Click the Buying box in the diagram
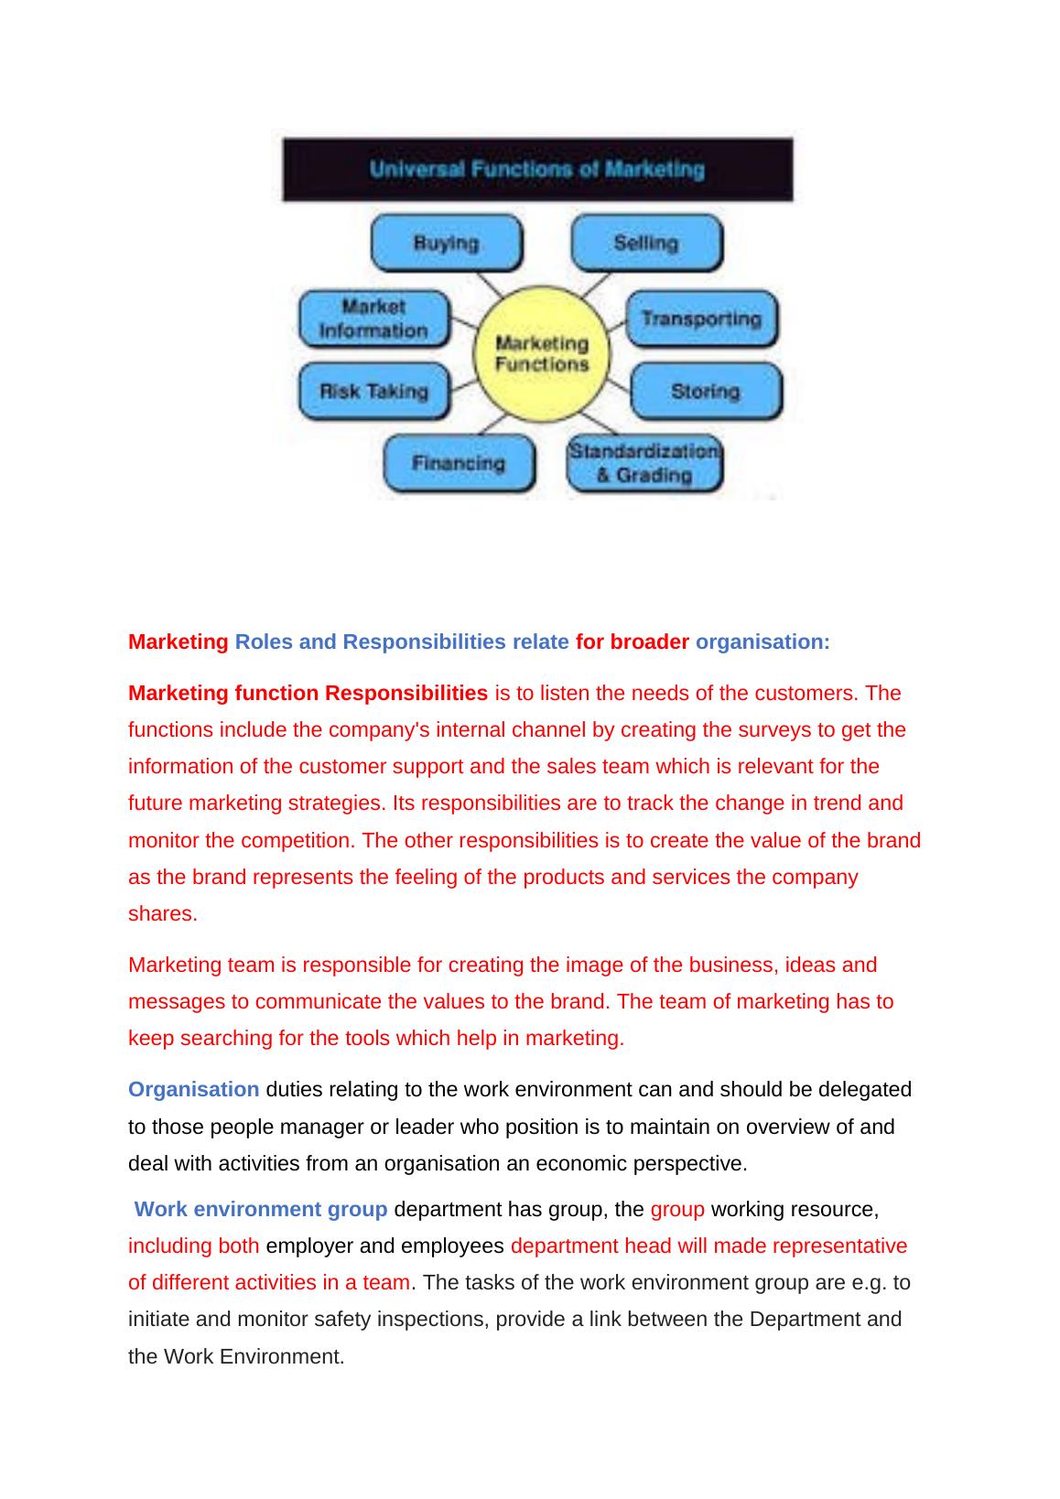pyautogui.click(x=446, y=243)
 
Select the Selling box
pyautogui.click(x=646, y=243)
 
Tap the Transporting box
pyautogui.click(x=701, y=318)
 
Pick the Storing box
pyautogui.click(x=706, y=391)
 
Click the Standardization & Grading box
pyautogui.click(x=644, y=463)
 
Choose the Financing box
pyautogui.click(x=459, y=463)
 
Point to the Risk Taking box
pyautogui.click(x=374, y=391)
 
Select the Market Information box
pyautogui.click(x=373, y=318)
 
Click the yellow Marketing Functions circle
pyautogui.click(x=541, y=354)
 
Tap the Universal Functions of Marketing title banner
pyautogui.click(x=537, y=169)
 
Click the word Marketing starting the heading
pyautogui.click(x=178, y=642)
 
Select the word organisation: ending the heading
pyautogui.click(x=763, y=642)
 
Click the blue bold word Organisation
pyautogui.click(x=193, y=1089)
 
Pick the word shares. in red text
pyautogui.click(x=163, y=913)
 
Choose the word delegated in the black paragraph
pyautogui.click(x=865, y=1089)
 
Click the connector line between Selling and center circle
pyautogui.click(x=598, y=284)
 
